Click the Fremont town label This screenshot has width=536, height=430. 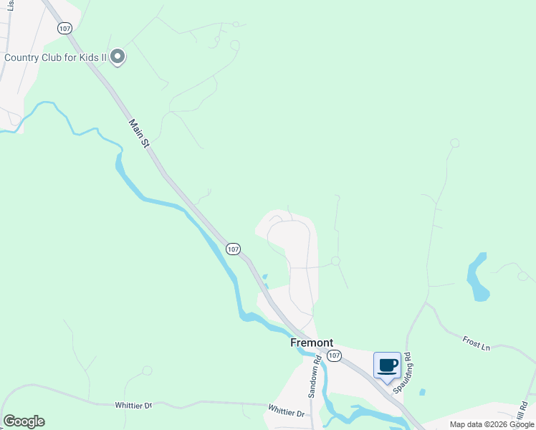312,343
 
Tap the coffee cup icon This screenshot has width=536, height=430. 387,365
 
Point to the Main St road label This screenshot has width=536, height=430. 139,134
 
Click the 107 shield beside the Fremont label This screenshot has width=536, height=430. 333,355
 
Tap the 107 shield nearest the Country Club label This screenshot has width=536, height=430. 65,28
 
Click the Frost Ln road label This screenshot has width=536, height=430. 476,343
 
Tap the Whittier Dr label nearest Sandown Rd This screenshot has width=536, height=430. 287,413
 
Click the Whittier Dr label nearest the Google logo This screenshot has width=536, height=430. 133,405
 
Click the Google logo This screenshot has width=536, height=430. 24,421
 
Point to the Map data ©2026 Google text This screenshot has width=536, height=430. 492,424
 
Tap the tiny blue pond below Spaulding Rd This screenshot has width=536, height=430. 422,392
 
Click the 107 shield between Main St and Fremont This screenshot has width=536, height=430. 232,248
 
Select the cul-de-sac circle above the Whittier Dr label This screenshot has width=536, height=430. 147,371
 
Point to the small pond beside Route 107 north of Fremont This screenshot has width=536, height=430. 264,278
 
